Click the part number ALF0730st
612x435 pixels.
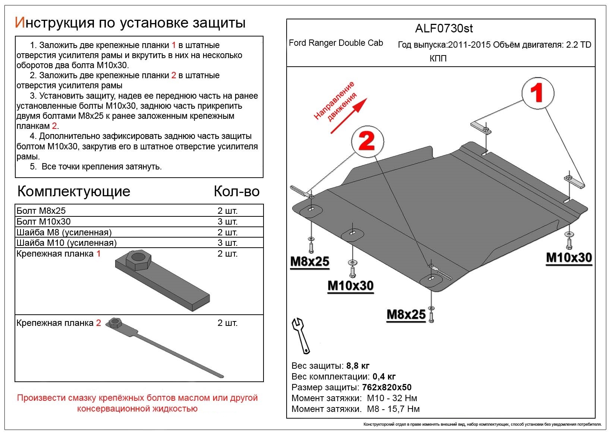444,28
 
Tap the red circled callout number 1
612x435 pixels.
537,93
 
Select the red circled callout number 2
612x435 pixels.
367,142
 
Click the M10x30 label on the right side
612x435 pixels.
569,258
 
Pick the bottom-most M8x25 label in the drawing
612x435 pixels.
406,315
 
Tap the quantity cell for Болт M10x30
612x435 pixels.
227,222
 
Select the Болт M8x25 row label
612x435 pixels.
41,211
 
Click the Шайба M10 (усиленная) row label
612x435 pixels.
66,243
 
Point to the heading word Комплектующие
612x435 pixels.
74,191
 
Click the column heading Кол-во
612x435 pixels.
236,191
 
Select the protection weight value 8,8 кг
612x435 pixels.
358,366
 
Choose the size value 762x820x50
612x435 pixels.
387,387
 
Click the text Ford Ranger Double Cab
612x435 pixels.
336,43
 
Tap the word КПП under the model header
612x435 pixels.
438,59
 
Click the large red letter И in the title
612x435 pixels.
20,23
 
